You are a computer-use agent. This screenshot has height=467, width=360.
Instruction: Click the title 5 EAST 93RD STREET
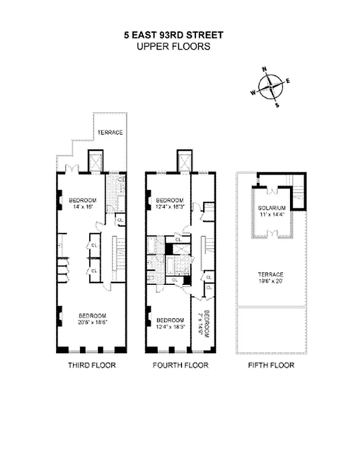173,35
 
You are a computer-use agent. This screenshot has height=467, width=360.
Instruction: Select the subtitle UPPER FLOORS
173,46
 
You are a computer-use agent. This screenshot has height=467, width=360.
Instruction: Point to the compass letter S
277,105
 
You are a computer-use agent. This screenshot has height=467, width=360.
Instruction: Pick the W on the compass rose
253,92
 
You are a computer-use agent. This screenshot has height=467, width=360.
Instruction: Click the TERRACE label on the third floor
110,132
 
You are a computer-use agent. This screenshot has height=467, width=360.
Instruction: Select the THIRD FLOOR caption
92,365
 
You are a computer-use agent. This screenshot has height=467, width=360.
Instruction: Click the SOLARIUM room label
271,208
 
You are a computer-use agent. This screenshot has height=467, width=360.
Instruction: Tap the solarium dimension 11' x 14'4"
271,214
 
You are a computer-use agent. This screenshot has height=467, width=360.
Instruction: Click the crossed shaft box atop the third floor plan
95,161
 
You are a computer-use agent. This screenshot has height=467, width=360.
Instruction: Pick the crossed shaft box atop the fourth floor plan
183,161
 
